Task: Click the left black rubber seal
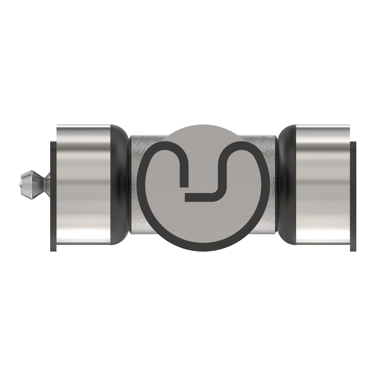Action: point(121,185)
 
